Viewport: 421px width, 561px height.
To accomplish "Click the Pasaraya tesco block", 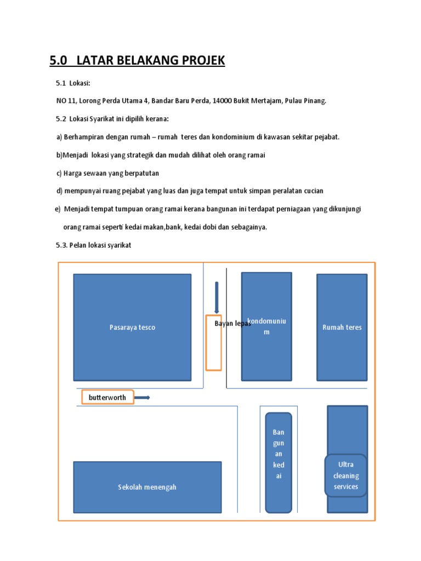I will tap(132, 327).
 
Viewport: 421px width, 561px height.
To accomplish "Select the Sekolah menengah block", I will tap(147, 487).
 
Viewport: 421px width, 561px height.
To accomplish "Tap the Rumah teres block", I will tap(342, 327).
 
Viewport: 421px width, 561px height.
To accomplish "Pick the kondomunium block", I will tap(267, 351).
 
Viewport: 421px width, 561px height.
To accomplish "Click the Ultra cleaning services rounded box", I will tap(346, 476).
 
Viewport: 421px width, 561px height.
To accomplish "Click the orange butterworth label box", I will tap(107, 397).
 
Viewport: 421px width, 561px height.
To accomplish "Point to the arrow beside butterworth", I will tap(142, 398).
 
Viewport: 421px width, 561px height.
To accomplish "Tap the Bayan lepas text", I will tap(232, 324).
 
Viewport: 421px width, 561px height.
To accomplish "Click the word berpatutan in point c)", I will tap(140, 173).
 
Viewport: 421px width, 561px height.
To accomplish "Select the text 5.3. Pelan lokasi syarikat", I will tap(93, 245).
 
